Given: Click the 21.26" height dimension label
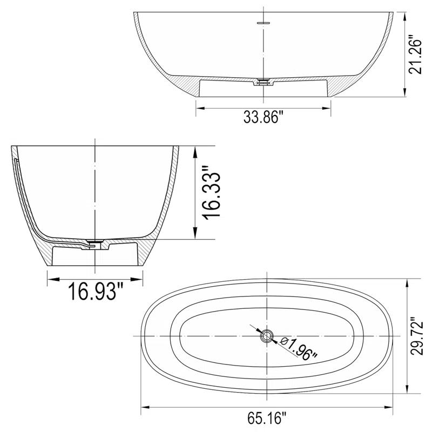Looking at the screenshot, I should coord(414,55).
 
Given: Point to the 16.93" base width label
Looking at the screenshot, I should coord(96,292).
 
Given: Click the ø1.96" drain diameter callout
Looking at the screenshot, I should coord(299,348).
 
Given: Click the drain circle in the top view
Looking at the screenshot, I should coord(266,336).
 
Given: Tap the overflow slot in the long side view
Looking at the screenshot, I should coord(263,23).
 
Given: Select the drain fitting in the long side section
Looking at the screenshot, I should coord(263,82).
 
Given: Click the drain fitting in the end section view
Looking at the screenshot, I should coord(95,242).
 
